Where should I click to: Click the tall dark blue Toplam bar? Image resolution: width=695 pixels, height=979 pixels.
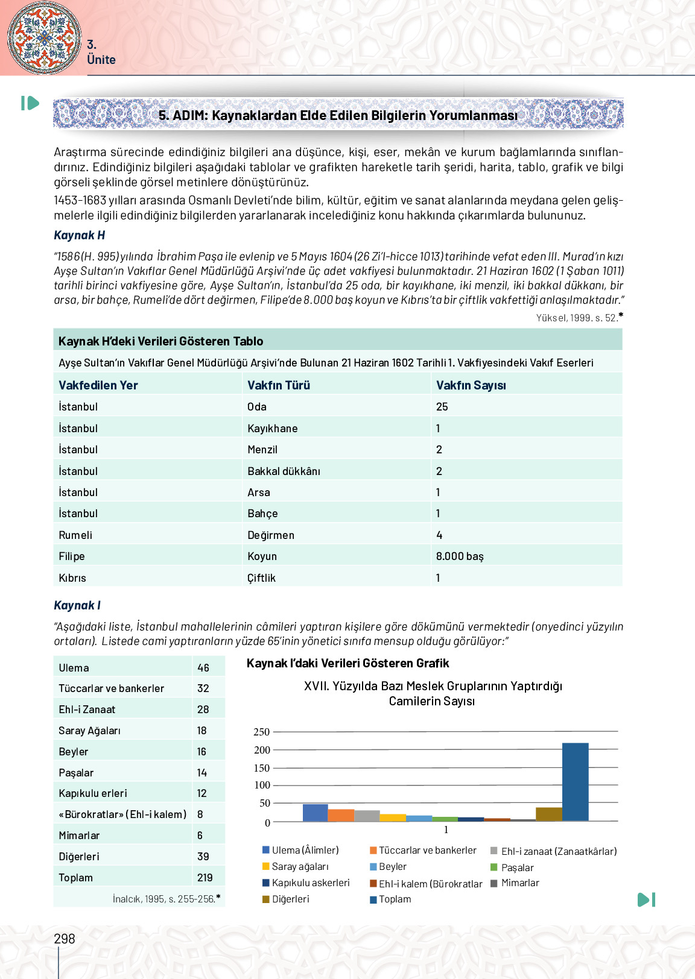(x=575, y=782)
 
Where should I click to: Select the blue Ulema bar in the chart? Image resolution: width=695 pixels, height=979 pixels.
(x=315, y=813)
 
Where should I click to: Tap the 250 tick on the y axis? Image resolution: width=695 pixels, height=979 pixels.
(x=262, y=732)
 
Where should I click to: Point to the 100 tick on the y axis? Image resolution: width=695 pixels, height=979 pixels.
(x=262, y=785)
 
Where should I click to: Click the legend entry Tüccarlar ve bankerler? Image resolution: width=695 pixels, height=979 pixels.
(x=427, y=850)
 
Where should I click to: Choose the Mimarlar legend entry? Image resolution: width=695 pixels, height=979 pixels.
(x=519, y=883)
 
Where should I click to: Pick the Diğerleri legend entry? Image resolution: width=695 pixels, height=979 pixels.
(x=290, y=899)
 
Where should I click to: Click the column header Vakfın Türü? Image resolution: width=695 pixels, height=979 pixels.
(x=279, y=385)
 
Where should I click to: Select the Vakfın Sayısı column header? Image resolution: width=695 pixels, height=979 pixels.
(x=471, y=385)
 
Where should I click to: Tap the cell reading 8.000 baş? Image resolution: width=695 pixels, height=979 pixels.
(x=460, y=556)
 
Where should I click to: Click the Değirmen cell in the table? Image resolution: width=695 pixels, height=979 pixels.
(x=271, y=535)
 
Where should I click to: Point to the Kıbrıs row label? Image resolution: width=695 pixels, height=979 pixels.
(x=72, y=578)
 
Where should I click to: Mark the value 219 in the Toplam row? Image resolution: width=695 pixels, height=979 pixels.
(x=205, y=878)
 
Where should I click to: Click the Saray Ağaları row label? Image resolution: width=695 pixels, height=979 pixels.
(x=89, y=731)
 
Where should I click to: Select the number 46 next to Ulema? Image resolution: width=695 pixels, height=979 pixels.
(x=203, y=668)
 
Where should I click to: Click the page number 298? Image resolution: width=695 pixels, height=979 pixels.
(x=65, y=939)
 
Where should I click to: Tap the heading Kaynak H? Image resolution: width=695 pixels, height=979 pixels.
(x=80, y=235)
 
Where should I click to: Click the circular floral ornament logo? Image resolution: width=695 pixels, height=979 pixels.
(x=44, y=37)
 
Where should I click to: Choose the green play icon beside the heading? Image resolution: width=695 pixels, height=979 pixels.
(x=30, y=103)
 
